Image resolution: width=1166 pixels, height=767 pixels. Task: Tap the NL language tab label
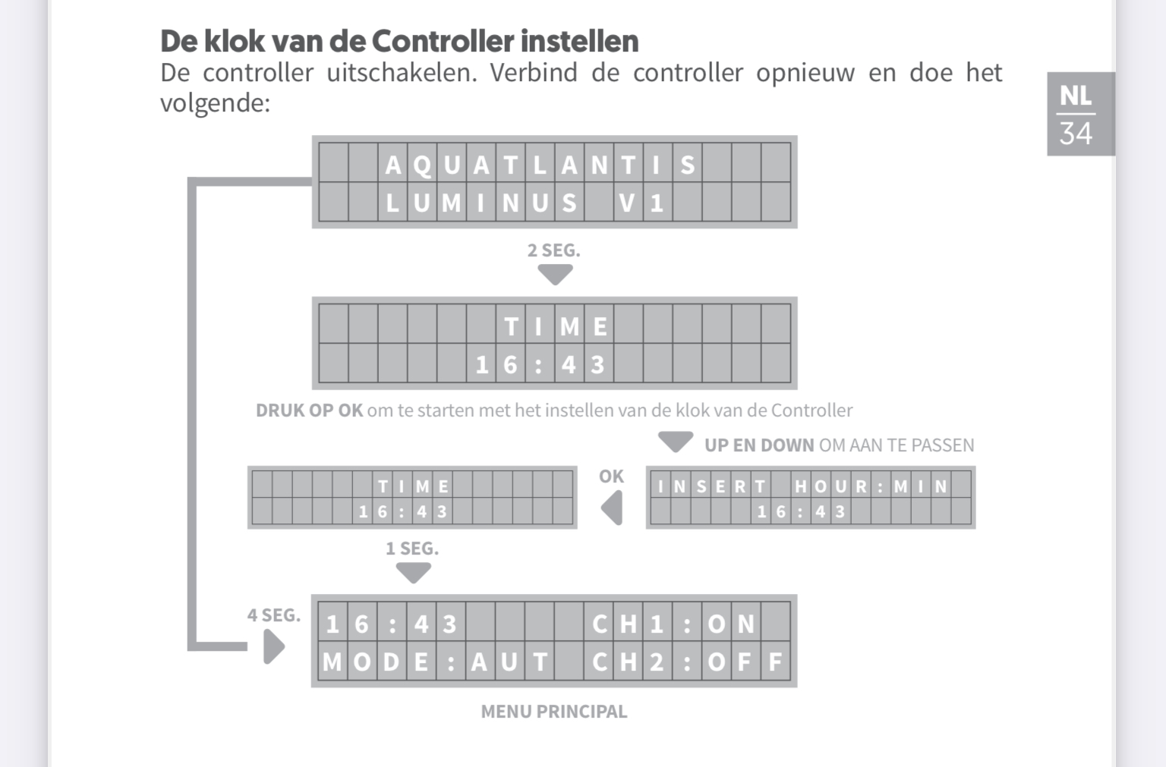(x=1076, y=96)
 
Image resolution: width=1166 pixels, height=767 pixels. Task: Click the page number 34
(x=1076, y=134)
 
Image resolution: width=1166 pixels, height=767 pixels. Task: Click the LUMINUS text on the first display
(x=481, y=203)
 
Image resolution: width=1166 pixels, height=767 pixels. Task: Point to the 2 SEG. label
(x=553, y=250)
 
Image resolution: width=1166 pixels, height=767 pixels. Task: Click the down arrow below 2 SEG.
(x=555, y=274)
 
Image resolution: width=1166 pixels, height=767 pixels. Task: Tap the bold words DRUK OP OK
(x=309, y=410)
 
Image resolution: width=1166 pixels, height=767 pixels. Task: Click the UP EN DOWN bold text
(x=759, y=445)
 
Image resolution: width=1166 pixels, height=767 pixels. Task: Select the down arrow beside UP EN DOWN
(x=676, y=441)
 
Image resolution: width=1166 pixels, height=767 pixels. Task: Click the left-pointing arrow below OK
(x=612, y=508)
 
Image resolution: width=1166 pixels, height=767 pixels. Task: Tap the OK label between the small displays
(x=611, y=476)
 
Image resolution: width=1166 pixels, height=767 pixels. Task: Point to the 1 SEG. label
(x=412, y=549)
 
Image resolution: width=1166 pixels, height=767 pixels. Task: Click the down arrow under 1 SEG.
(x=414, y=573)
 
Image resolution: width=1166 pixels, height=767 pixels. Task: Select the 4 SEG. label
(x=273, y=615)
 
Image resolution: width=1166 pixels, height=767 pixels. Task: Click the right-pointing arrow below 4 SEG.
(x=273, y=647)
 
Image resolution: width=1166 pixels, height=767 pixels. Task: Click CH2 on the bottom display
(x=628, y=662)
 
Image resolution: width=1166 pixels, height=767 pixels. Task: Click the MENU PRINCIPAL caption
(x=554, y=712)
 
